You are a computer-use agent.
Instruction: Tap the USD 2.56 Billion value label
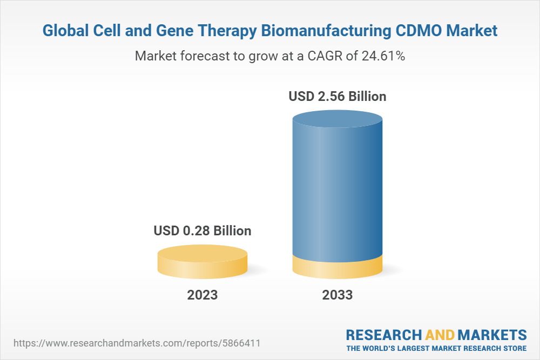pos(337,97)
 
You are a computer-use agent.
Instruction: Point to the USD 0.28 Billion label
pos(202,231)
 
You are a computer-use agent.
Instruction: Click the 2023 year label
pos(202,295)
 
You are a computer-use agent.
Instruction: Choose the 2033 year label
pos(337,295)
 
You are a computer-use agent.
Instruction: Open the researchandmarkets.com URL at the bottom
pos(139,343)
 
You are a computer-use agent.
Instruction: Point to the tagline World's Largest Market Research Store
pos(436,348)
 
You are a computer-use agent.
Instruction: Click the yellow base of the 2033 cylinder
pos(337,267)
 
